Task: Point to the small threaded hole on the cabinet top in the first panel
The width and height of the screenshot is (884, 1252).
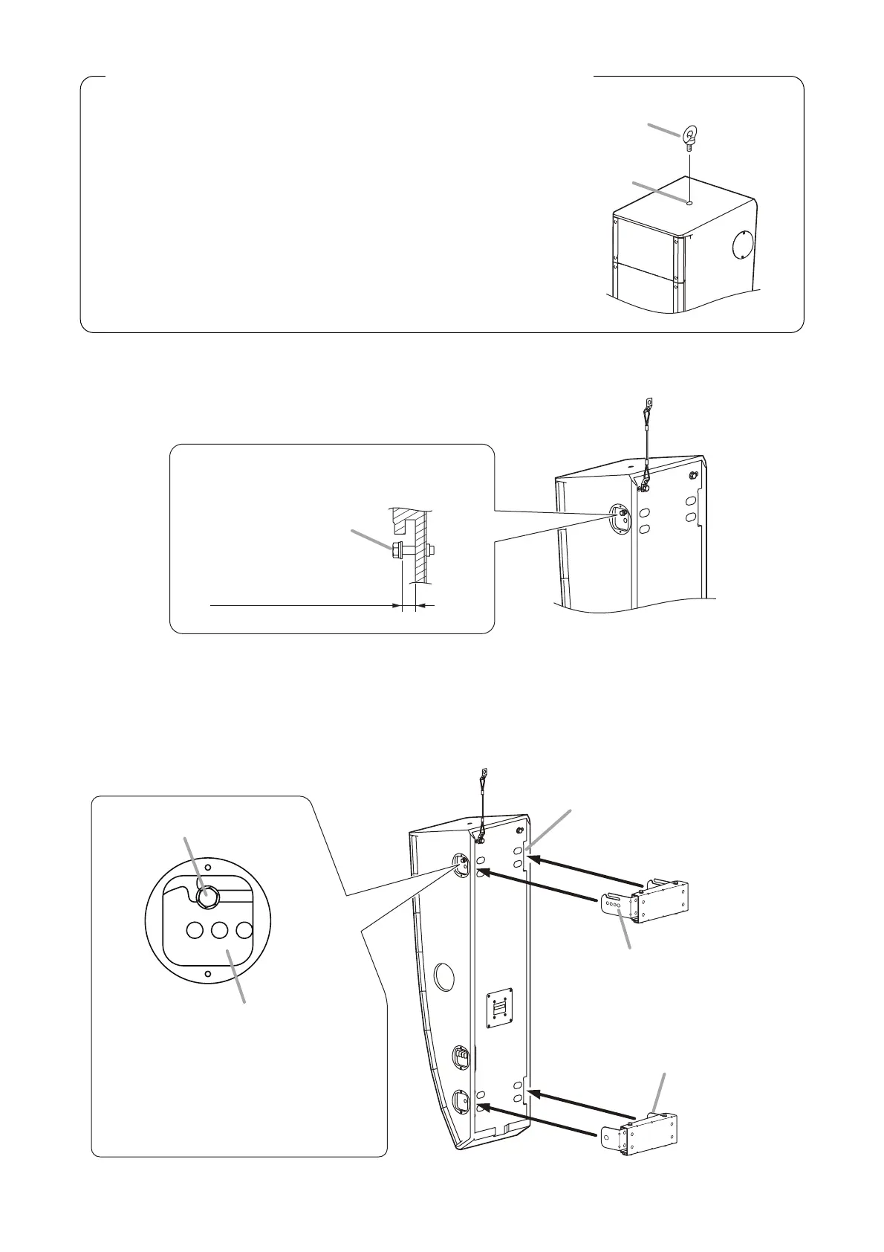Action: (x=690, y=201)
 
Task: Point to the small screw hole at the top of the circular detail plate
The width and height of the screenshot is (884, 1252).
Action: (x=208, y=865)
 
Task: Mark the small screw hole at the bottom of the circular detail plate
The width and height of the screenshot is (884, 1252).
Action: (x=208, y=974)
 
